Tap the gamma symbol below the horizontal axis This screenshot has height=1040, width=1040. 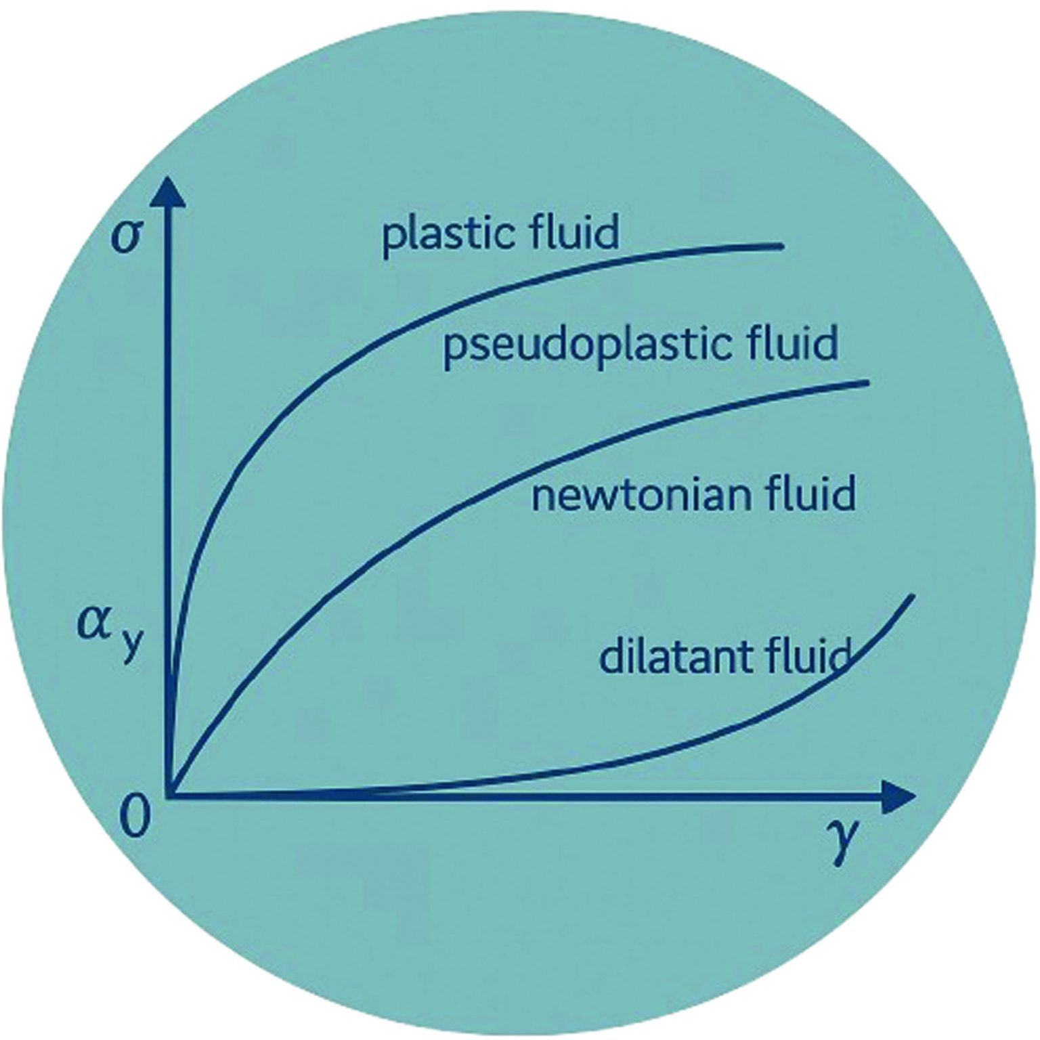(842, 840)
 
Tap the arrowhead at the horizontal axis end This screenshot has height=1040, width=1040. (901, 796)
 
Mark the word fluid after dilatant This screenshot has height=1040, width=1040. (808, 655)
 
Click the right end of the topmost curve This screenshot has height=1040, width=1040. (782, 246)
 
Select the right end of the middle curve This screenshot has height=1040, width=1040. (867, 383)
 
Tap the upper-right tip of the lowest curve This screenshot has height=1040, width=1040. (913, 596)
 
